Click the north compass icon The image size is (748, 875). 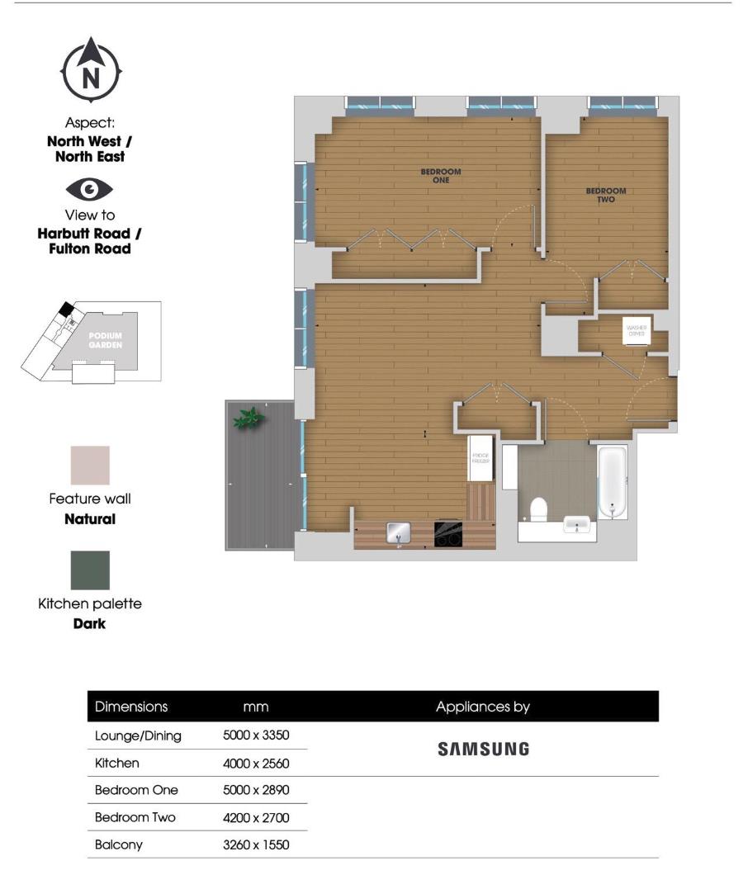point(91,72)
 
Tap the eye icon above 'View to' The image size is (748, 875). point(89,190)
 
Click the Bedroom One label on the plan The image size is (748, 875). point(441,176)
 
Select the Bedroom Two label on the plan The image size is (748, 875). point(606,195)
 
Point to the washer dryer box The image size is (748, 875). point(636,333)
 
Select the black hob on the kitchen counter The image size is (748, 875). point(448,532)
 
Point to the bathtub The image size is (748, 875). point(612,482)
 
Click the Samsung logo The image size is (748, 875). point(483,750)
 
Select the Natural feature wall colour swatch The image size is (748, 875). point(90,466)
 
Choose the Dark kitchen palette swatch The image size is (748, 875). point(90,570)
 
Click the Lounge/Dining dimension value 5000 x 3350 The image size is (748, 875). point(256,735)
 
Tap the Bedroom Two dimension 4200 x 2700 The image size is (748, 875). point(256,817)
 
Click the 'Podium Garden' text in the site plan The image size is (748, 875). point(107,340)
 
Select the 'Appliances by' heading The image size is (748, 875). point(483,707)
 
